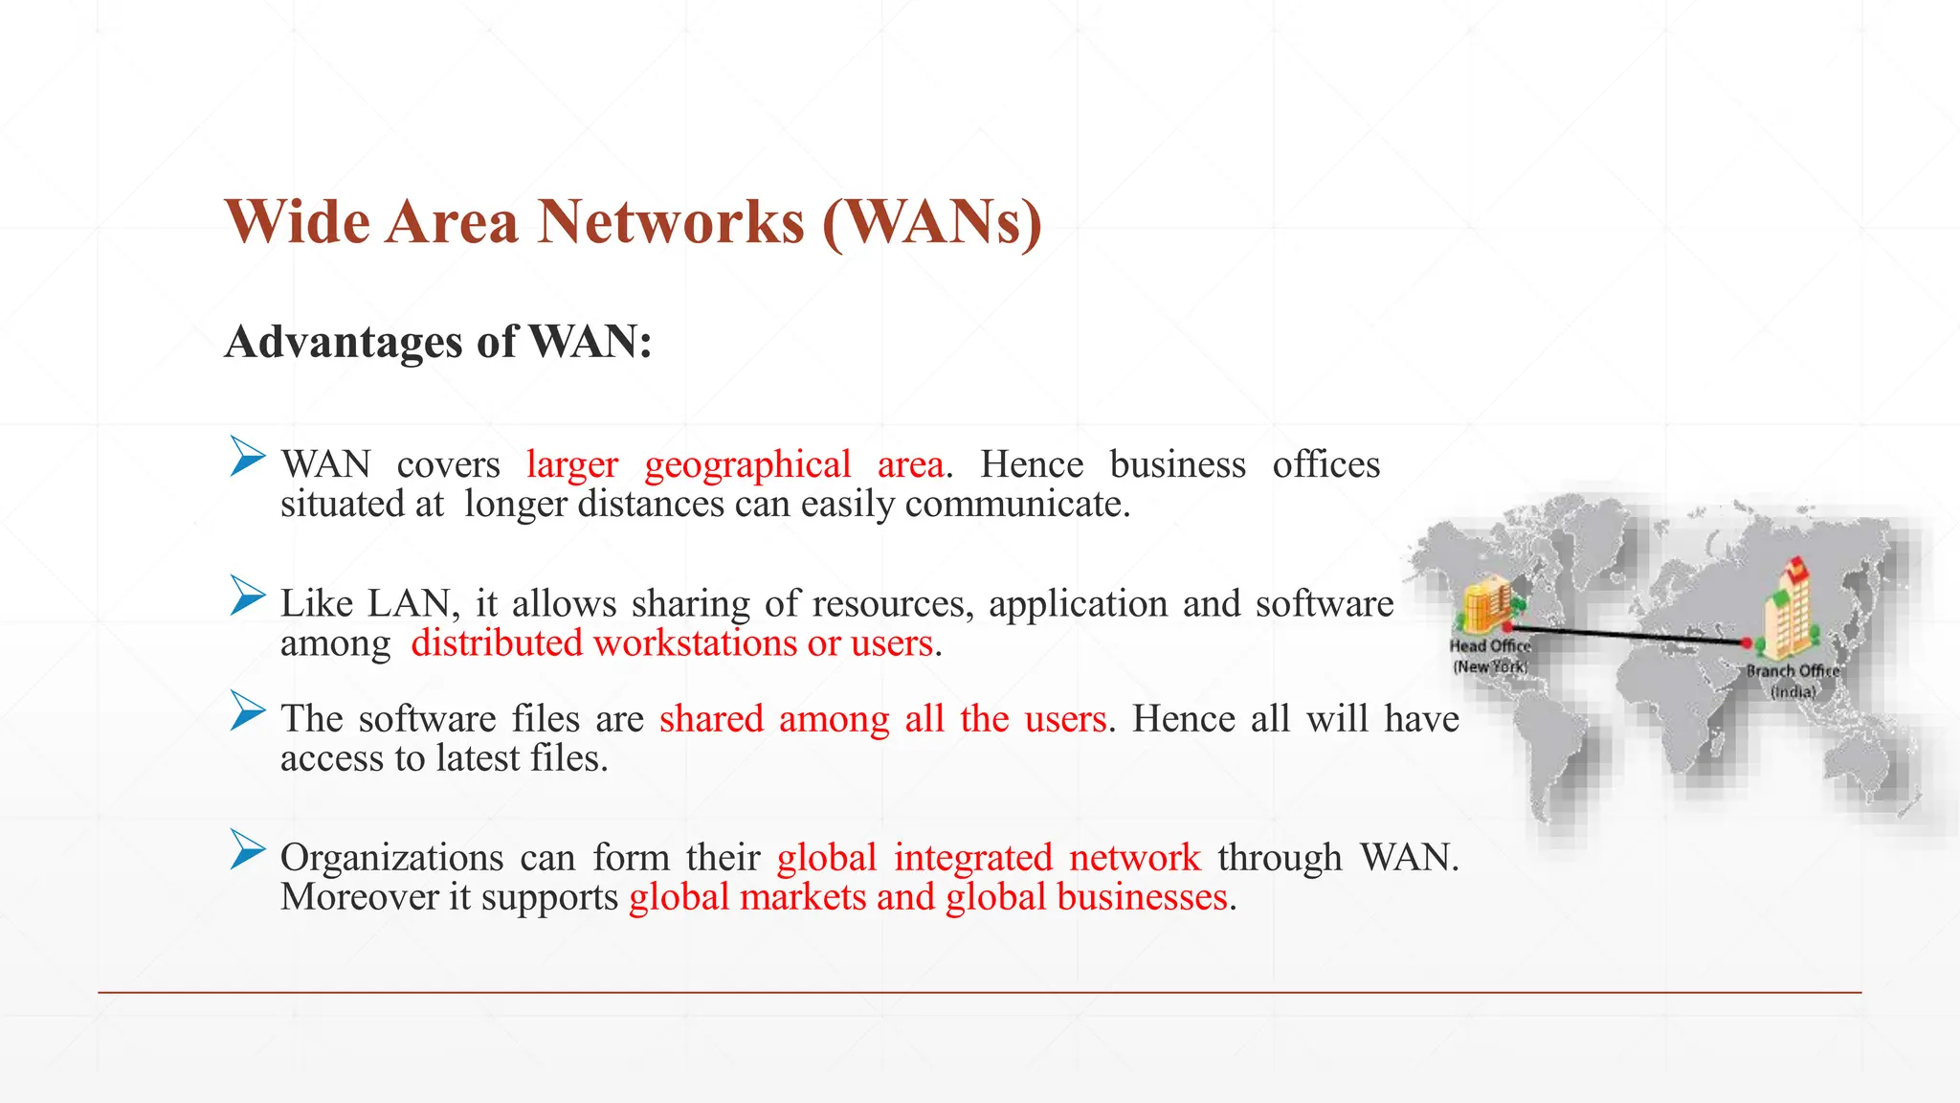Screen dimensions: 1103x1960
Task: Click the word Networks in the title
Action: [x=670, y=222]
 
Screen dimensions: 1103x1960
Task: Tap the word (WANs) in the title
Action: [x=931, y=222]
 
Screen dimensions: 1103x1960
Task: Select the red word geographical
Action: [x=747, y=465]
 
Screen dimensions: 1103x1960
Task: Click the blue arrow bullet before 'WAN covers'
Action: [x=247, y=457]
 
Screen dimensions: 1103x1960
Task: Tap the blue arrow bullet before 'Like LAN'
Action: [x=247, y=596]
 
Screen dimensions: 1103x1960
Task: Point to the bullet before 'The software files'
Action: [x=247, y=711]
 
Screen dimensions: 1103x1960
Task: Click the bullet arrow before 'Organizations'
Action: [x=247, y=850]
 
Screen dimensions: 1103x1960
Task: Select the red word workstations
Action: [x=695, y=642]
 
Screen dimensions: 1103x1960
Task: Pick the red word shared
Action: [x=711, y=719]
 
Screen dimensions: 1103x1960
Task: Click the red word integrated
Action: [x=972, y=858]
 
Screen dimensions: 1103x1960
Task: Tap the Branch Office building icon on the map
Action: [x=1788, y=607]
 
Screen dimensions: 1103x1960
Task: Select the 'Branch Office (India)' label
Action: [x=1793, y=681]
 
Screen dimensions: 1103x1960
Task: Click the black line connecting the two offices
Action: [x=1627, y=635]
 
